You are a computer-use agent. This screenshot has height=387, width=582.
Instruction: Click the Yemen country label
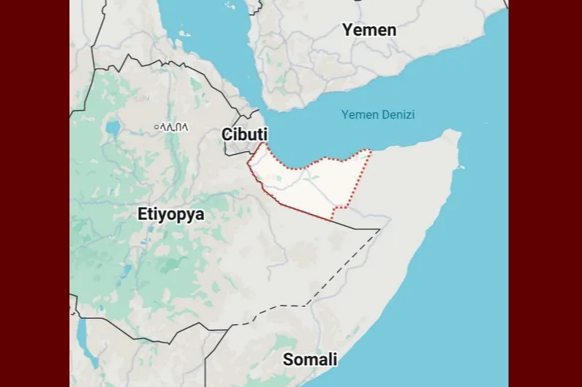370,30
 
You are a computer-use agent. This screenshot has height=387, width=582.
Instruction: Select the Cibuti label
244,134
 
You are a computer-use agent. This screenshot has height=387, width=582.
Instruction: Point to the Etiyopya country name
170,215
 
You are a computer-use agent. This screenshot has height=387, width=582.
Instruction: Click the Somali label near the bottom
310,359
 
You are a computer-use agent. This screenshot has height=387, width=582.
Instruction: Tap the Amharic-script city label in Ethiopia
175,126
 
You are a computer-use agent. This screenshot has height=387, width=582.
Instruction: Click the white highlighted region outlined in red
307,183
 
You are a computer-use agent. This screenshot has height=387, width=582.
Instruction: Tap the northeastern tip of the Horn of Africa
455,134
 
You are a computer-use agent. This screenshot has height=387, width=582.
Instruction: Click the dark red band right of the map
545,193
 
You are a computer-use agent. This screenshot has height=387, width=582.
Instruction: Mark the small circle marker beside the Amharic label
156,127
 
